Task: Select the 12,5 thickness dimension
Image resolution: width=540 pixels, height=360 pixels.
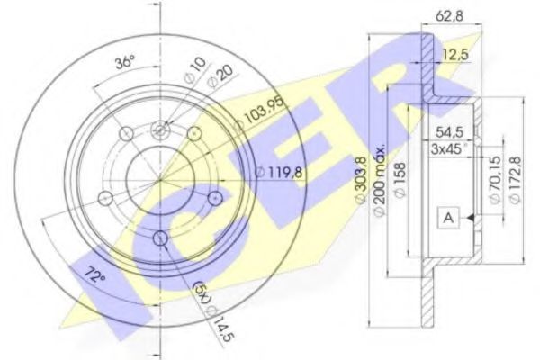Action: click(x=455, y=55)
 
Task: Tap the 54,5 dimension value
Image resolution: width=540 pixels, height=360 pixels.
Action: click(x=450, y=132)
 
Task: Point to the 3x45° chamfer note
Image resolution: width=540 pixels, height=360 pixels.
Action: click(x=448, y=148)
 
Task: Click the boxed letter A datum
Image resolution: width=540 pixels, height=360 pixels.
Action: click(x=448, y=218)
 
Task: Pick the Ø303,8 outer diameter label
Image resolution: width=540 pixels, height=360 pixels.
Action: click(x=361, y=180)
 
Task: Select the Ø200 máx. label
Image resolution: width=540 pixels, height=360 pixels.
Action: click(x=379, y=182)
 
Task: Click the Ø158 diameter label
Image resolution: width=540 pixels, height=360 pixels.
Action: click(x=400, y=180)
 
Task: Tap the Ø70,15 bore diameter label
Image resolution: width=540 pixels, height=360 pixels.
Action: click(x=495, y=181)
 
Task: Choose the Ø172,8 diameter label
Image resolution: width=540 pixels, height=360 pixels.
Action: click(x=515, y=180)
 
